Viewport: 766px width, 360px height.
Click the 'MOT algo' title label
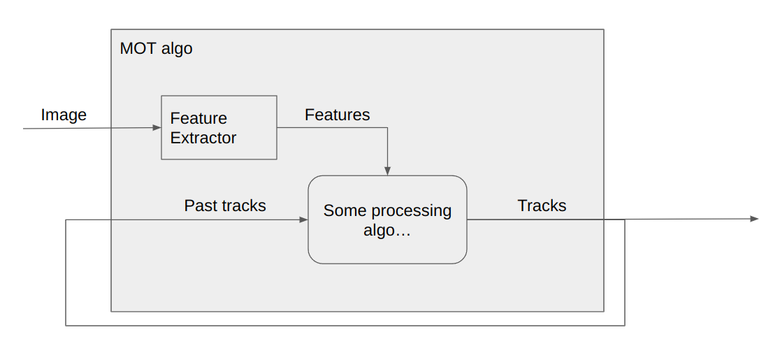click(156, 49)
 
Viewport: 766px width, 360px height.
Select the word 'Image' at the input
click(64, 115)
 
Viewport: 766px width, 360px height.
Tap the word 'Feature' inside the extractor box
click(198, 119)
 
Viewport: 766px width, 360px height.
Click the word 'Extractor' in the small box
click(203, 138)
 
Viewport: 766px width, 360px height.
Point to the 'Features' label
click(337, 115)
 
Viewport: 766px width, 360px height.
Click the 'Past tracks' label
click(225, 206)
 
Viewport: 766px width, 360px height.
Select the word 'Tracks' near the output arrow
click(542, 206)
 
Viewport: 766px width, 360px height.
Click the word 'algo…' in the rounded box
click(387, 231)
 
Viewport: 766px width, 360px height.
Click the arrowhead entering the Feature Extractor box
click(157, 128)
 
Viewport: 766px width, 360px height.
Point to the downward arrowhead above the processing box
click(387, 171)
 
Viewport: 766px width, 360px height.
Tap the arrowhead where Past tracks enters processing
click(303, 219)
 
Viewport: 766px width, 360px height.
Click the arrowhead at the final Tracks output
click(754, 219)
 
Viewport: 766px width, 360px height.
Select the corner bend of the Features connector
click(387, 128)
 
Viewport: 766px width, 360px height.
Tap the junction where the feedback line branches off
click(624, 219)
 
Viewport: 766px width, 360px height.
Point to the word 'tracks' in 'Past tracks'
click(241, 206)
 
